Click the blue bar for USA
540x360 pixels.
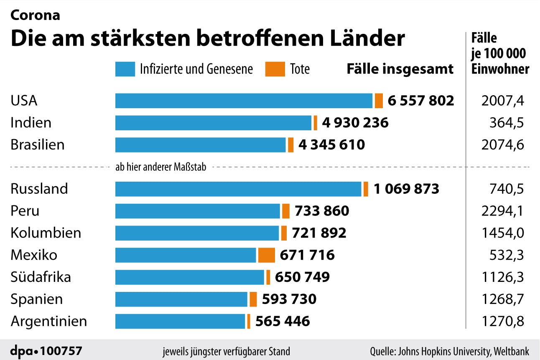pos(244,101)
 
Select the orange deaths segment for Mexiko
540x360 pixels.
pos(266,255)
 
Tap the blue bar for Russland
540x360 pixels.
pos(238,189)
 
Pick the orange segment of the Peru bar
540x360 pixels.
pos(286,211)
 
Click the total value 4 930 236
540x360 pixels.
pos(355,123)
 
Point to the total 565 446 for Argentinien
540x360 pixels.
pos(283,321)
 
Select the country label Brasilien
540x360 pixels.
pos(38,145)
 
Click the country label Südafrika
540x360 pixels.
pos(41,277)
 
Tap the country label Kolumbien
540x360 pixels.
pos(46,233)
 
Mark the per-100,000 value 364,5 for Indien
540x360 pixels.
pos(507,123)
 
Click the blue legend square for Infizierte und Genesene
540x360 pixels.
pos(125,69)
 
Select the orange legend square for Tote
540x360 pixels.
pos(272,69)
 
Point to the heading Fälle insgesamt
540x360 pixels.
pos(400,69)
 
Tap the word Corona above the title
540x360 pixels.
pos(35,15)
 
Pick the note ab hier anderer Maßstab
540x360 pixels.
pos(160,167)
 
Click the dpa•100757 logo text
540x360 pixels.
pos(46,350)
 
